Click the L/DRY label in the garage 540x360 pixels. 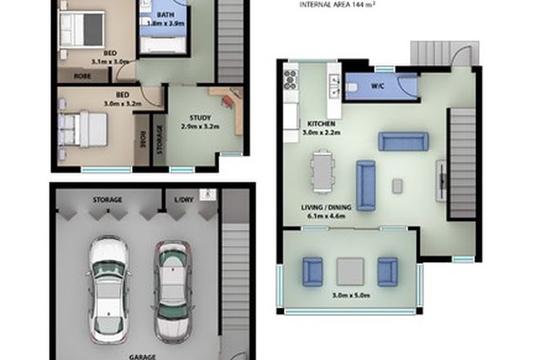point(183,200)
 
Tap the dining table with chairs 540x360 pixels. point(322,172)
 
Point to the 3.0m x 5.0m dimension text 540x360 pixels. point(350,295)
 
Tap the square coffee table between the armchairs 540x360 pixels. point(349,269)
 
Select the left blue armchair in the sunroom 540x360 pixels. point(313,269)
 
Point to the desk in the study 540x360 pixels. point(232,107)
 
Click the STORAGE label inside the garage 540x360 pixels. point(107,200)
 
